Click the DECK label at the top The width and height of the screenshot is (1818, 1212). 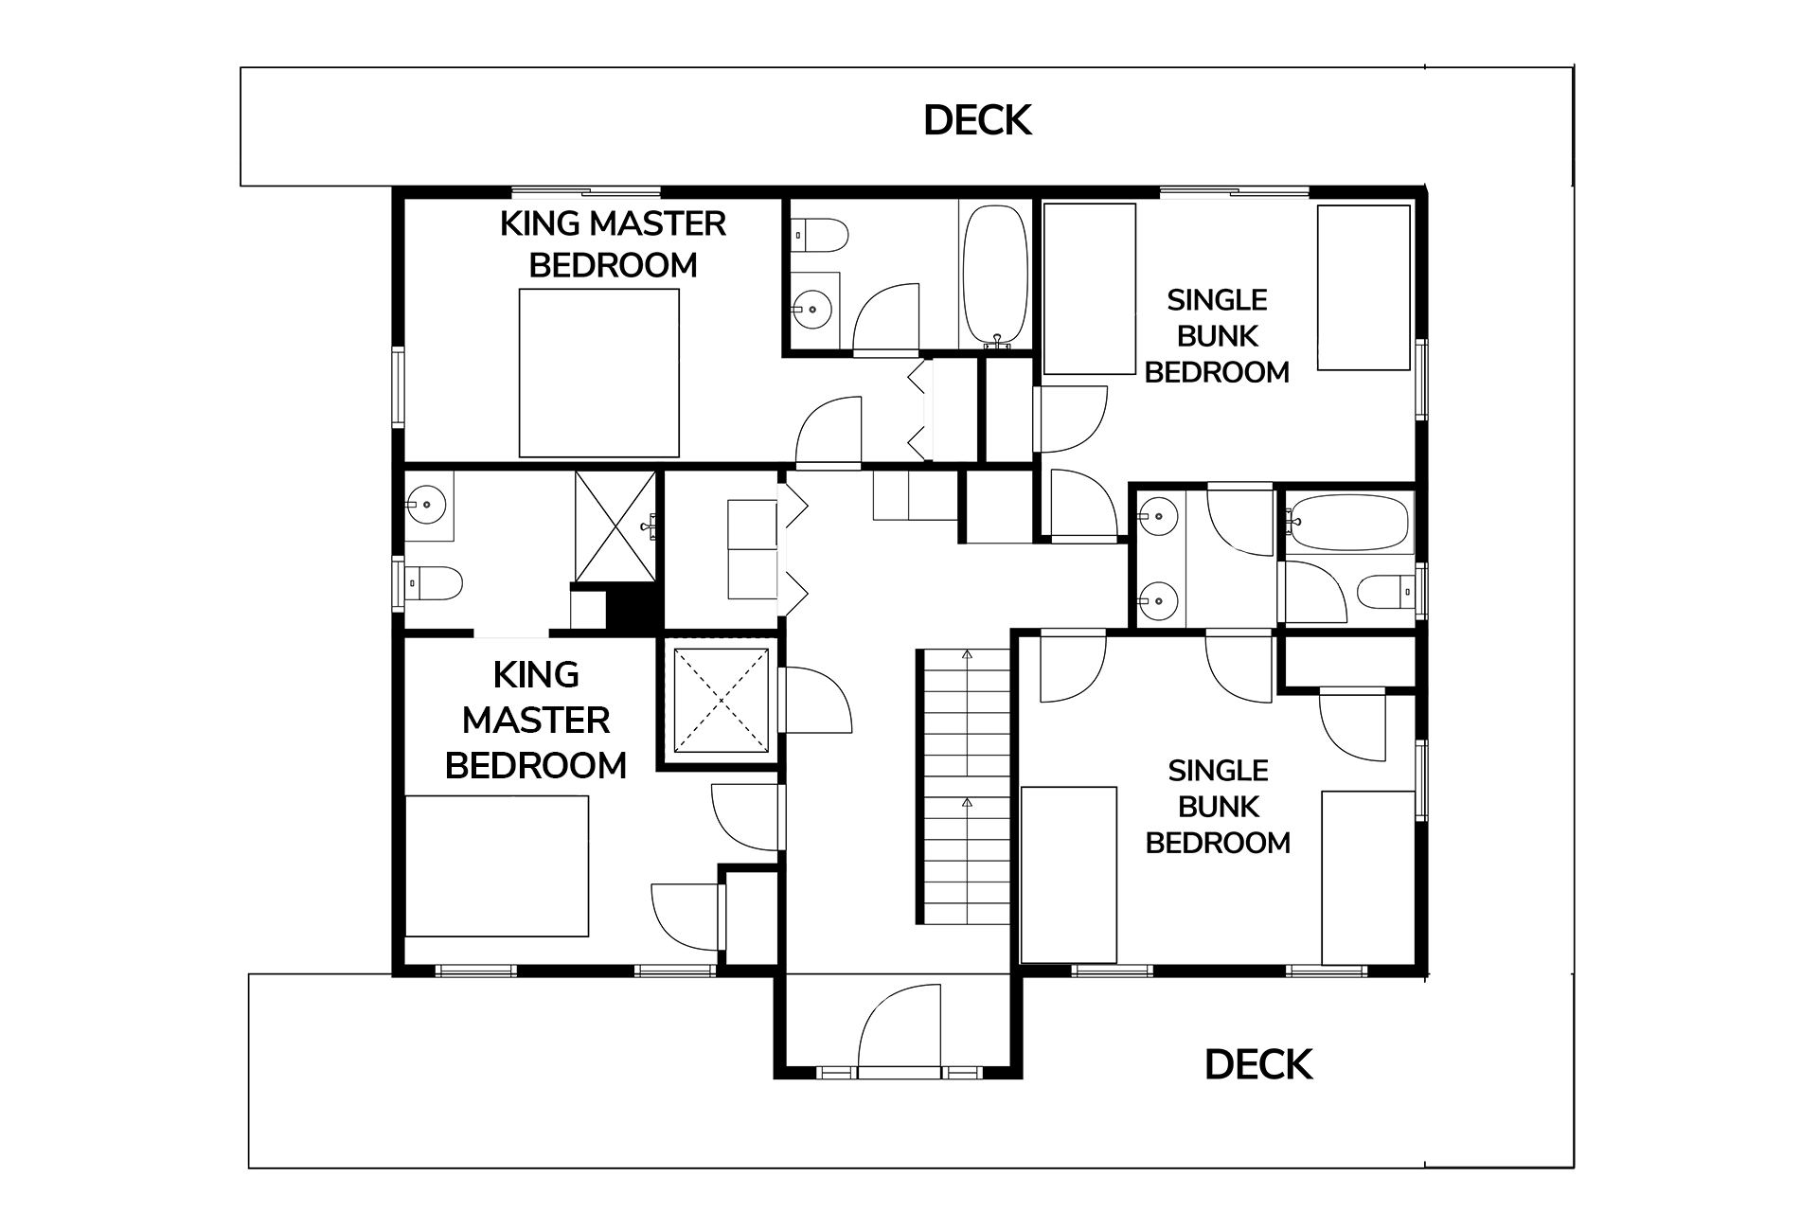pos(977,120)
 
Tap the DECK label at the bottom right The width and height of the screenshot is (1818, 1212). pos(1258,1065)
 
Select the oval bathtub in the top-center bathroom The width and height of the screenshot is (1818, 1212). pos(995,275)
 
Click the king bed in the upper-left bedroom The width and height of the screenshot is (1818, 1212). pos(599,373)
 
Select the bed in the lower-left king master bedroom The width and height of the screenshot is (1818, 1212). pos(497,866)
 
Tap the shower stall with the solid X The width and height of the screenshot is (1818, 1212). pos(615,526)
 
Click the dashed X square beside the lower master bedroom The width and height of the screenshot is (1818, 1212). pos(722,701)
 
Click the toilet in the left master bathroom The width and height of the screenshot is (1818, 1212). pos(434,583)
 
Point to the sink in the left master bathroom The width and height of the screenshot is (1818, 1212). pos(427,505)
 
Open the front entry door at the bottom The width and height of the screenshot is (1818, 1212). pos(900,1028)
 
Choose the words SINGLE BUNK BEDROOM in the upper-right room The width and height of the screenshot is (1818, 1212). pos(1217,336)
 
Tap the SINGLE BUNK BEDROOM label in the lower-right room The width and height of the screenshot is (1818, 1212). pos(1218,807)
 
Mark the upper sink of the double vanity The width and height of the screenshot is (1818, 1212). pos(1156,516)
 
